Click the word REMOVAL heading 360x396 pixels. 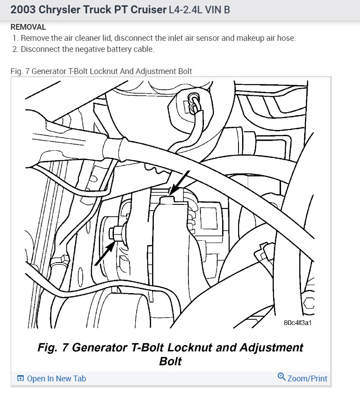pyautogui.click(x=28, y=27)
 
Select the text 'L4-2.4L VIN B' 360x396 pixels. pyautogui.click(x=199, y=10)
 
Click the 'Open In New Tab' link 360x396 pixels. pyautogui.click(x=56, y=378)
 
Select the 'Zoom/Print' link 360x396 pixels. pyautogui.click(x=307, y=378)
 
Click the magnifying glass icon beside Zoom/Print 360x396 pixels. pyautogui.click(x=281, y=377)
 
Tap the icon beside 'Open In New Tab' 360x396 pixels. pyautogui.click(x=20, y=378)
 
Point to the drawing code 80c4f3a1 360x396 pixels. pyautogui.click(x=297, y=322)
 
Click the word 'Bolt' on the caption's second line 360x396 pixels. pyautogui.click(x=170, y=361)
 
